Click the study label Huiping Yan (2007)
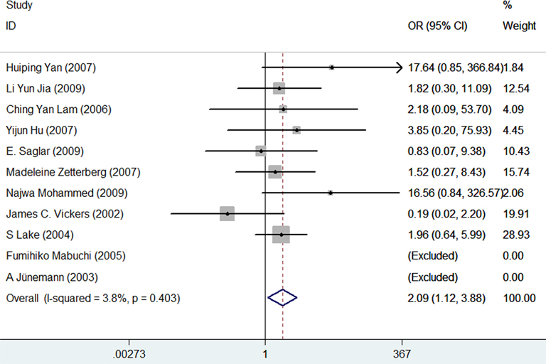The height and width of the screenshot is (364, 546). click(50, 68)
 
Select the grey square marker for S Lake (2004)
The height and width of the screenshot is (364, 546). click(281, 234)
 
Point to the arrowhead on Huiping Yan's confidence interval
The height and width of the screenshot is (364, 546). click(399, 68)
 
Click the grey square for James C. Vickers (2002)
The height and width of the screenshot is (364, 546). click(227, 213)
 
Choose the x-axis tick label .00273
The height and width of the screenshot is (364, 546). click(129, 354)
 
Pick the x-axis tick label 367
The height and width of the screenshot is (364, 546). click(402, 354)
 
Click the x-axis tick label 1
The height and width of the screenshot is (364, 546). click(265, 354)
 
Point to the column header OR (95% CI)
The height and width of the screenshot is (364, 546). click(437, 26)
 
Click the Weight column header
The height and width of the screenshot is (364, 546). click(519, 26)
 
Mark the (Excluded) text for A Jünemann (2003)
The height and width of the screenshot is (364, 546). click(432, 276)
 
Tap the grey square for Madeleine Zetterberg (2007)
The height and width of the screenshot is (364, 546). click(275, 172)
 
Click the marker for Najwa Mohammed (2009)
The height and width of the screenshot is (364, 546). click(330, 193)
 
